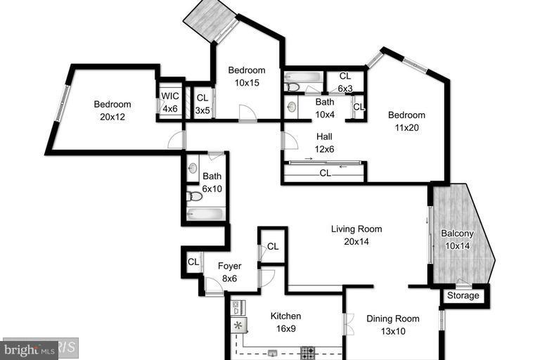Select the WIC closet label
click(x=170, y=97)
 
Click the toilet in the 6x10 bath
click(x=195, y=195)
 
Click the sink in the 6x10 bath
click(x=193, y=169)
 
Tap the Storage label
click(x=463, y=295)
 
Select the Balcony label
click(x=457, y=233)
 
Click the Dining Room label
click(x=393, y=319)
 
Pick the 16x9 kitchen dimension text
click(x=285, y=328)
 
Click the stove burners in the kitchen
click(x=307, y=351)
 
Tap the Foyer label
click(x=229, y=266)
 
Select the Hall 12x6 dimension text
click(x=324, y=149)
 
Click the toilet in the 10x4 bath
click(x=292, y=86)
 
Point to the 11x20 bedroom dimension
click(x=406, y=128)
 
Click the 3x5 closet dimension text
click(x=202, y=110)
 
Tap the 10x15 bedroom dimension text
click(x=247, y=82)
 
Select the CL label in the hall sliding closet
click(x=325, y=172)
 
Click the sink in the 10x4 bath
click(x=292, y=107)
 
